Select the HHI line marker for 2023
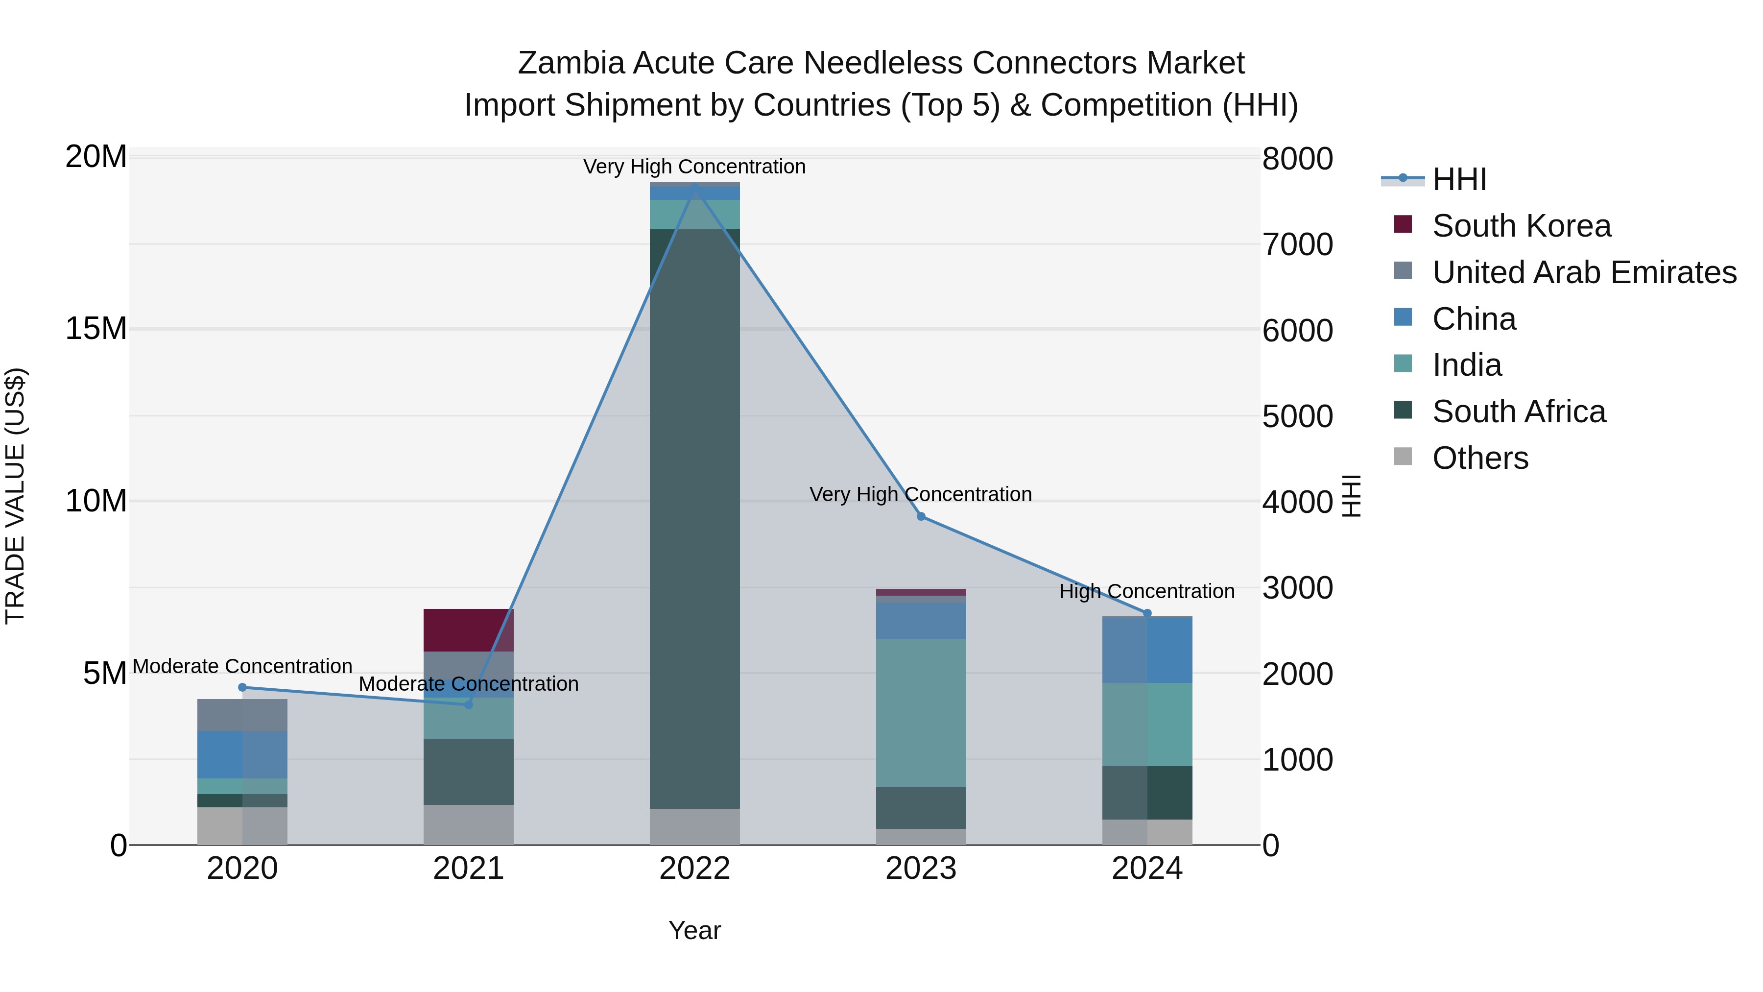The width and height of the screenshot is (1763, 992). [x=921, y=516]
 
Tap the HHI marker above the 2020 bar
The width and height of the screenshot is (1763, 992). [x=242, y=687]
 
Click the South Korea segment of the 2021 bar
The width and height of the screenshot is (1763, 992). [x=468, y=630]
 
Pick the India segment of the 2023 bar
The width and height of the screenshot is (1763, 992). [x=921, y=712]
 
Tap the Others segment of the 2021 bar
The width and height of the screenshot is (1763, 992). [x=468, y=824]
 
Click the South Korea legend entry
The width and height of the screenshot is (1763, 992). [x=1521, y=226]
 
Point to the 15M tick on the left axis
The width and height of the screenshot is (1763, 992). [x=96, y=329]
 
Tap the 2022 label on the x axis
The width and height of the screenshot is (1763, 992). [x=694, y=869]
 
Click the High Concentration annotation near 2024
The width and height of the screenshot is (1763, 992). [x=1147, y=591]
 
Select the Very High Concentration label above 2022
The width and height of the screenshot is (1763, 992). [x=694, y=167]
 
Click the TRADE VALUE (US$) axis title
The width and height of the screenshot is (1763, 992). [x=15, y=496]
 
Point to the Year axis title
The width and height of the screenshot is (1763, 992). [x=694, y=930]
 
